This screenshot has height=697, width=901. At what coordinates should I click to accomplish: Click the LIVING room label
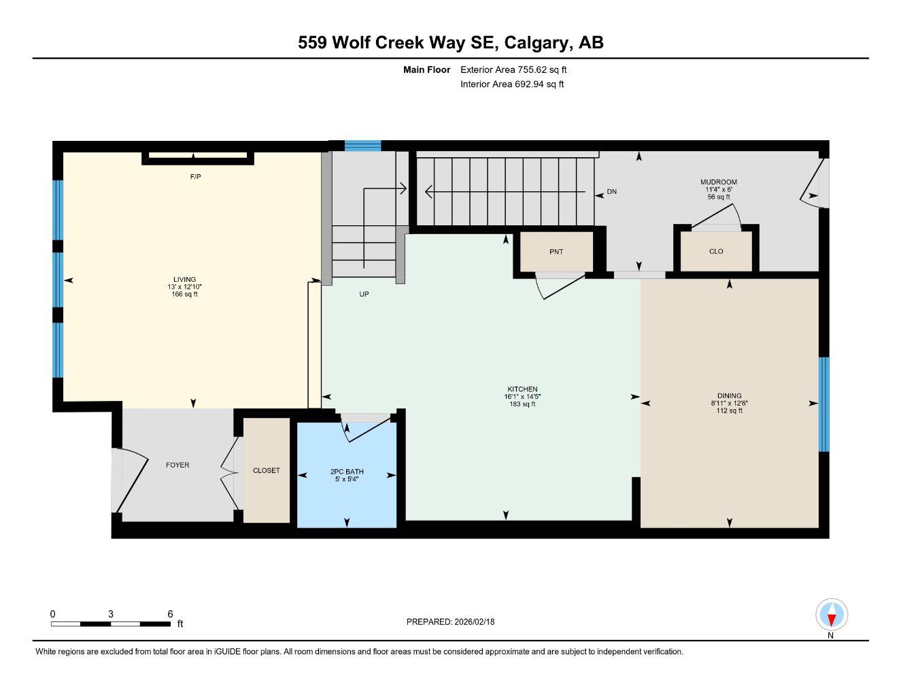pos(184,279)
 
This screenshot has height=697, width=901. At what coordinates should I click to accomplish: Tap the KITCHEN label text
pos(522,389)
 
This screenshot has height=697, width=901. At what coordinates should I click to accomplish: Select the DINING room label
pos(730,395)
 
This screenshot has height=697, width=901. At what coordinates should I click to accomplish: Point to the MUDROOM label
pos(719,182)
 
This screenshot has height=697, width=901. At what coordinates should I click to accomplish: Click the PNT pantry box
pos(556,251)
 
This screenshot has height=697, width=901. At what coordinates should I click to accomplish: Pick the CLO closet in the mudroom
pos(716,251)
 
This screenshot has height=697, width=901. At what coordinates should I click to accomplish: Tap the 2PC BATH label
pos(347,471)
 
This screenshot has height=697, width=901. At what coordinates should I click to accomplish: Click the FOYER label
pos(177,465)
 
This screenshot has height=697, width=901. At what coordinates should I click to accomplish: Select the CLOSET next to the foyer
pos(266,470)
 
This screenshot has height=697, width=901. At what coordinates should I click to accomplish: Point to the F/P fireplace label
pos(195,177)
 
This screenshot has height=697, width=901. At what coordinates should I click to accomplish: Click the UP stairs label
pos(364,294)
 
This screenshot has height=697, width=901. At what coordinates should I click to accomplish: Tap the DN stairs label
pos(611,192)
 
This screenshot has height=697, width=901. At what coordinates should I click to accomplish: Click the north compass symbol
pos(832,615)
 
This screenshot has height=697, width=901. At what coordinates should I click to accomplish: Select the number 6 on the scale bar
pos(170,613)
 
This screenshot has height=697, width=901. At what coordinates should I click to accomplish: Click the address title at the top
pos(451,42)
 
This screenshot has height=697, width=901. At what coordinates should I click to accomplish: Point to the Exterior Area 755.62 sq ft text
pos(513,69)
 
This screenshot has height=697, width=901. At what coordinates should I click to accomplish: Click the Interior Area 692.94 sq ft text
pos(512,84)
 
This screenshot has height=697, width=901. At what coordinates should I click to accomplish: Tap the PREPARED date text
pos(450,622)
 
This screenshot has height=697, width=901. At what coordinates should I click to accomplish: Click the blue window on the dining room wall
pos(824,404)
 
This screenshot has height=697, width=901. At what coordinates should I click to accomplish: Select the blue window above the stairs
pos(363,146)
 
